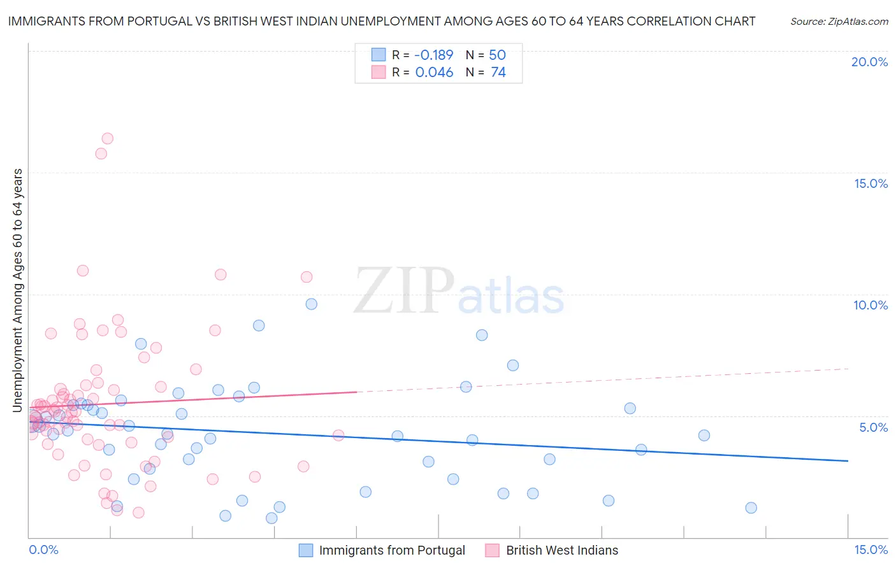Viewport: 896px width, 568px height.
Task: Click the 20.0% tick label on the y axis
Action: pos(869,62)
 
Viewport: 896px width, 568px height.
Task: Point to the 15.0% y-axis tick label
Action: pos(871,183)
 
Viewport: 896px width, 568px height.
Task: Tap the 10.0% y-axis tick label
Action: pos(871,305)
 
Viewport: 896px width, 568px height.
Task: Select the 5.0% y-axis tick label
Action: pos(873,427)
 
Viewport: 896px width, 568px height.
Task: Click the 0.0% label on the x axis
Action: pos(43,550)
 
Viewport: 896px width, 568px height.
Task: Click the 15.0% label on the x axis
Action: pos(871,550)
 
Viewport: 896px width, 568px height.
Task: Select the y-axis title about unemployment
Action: pos(18,290)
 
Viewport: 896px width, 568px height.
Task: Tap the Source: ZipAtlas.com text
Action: pos(839,22)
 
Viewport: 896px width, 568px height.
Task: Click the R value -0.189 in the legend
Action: pos(433,55)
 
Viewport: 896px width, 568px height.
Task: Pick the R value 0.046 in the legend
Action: pos(434,73)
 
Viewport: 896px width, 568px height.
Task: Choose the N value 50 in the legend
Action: pos(497,55)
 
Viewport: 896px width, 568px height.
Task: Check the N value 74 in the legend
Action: pos(498,73)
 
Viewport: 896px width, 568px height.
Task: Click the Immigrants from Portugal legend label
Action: pos(392,550)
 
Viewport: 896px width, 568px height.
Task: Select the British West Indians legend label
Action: pos(562,550)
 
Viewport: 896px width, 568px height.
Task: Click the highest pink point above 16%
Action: pos(108,138)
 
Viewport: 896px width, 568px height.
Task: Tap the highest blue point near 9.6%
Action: pos(312,304)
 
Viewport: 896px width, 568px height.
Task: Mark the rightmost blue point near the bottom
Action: pos(751,508)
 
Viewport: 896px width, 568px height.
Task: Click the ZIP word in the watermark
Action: pos(404,292)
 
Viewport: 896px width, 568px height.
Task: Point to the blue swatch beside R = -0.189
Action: pos(379,55)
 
